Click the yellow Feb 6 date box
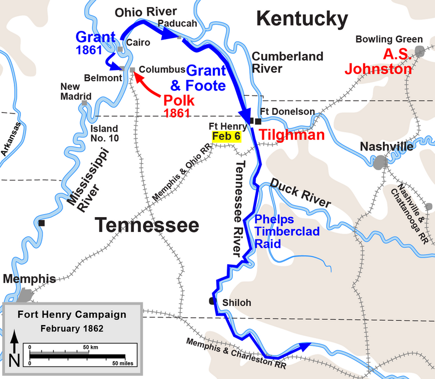[x=226, y=136]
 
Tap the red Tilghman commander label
[x=292, y=135]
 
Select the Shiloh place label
[x=237, y=302]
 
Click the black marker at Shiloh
[x=212, y=301]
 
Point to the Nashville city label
[x=387, y=147]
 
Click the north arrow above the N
[x=14, y=342]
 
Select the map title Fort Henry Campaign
[x=72, y=315]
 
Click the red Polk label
[x=179, y=101]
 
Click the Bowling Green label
[x=389, y=39]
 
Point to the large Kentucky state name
[x=302, y=19]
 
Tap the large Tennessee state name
[x=147, y=225]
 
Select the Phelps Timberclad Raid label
[x=287, y=231]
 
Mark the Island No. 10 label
[x=104, y=133]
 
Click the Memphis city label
[x=30, y=279]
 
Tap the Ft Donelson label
[x=287, y=111]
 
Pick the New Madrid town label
[x=76, y=91]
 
